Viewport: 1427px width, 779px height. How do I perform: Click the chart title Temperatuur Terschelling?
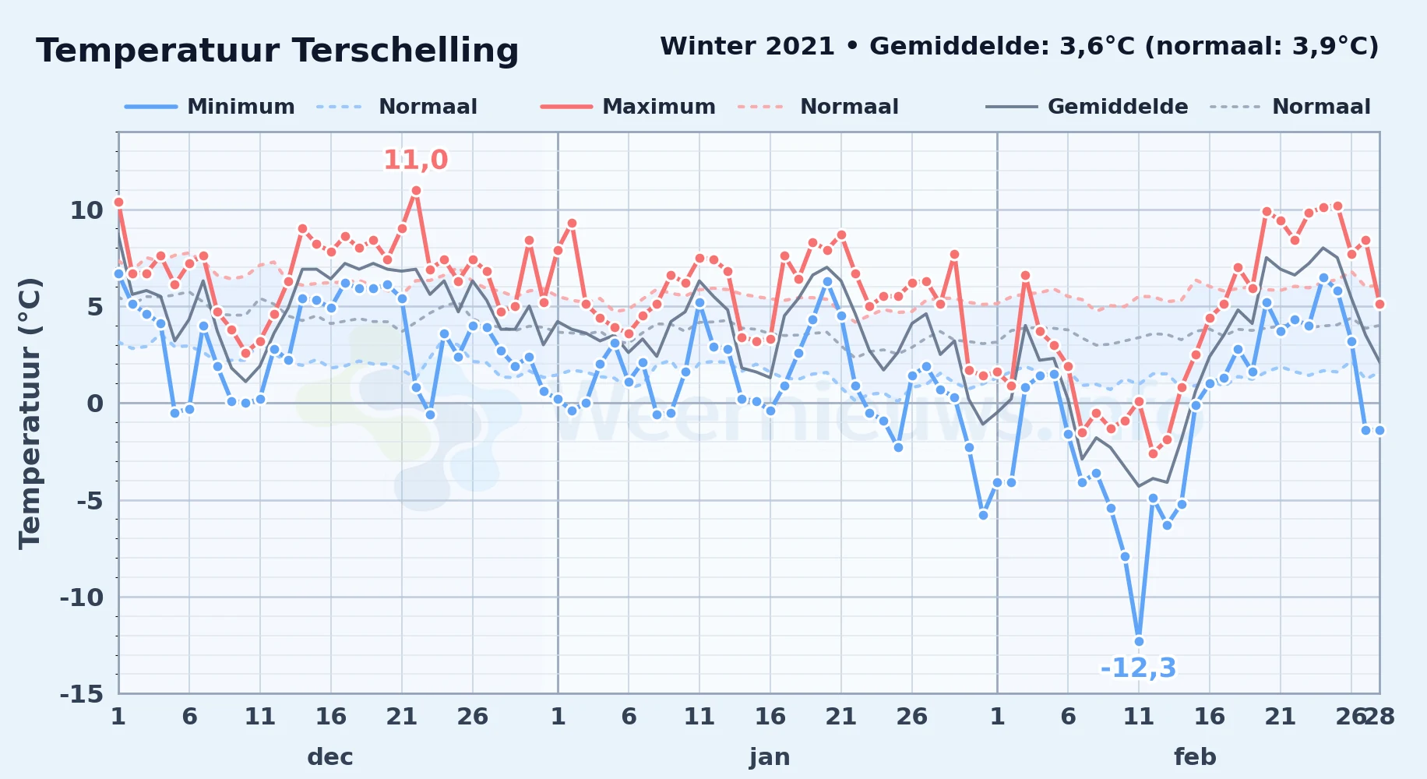277,51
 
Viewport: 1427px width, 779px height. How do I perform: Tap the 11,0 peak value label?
416,160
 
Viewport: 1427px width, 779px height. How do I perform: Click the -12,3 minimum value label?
1138,668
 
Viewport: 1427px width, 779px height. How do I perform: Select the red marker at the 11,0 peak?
416,190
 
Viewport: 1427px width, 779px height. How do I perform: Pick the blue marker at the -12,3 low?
1139,641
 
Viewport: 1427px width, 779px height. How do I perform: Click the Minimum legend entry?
210,107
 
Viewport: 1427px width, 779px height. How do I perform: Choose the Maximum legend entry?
628,107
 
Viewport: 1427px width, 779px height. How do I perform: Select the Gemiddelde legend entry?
1087,107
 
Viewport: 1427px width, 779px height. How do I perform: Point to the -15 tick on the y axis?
82,693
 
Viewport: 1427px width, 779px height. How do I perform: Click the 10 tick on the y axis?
86,210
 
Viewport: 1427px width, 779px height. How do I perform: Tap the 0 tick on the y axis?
95,404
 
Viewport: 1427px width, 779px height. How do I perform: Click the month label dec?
330,756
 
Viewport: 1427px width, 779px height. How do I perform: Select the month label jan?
770,756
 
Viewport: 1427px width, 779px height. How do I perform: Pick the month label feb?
1195,756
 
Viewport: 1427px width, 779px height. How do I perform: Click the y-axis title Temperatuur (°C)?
30,413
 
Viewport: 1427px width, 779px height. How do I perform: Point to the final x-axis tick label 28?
1379,716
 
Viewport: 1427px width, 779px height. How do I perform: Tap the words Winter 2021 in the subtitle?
747,46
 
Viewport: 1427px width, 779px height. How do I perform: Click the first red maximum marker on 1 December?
118,202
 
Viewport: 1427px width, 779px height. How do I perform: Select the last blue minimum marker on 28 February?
1379,430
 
